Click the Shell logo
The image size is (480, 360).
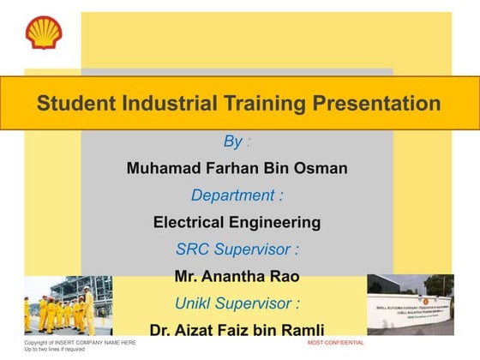(x=43, y=33)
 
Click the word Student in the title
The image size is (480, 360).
(x=74, y=104)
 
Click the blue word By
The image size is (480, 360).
(x=232, y=141)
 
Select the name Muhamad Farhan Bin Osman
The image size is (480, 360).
(x=237, y=168)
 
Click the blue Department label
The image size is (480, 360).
(x=237, y=195)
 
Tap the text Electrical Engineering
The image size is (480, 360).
(x=237, y=223)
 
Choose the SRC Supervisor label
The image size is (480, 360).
(x=237, y=250)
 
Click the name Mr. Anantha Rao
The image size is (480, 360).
(x=237, y=277)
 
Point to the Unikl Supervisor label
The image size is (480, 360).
(x=237, y=303)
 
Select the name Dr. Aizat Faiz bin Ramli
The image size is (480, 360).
(x=237, y=330)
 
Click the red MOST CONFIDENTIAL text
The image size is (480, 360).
(x=336, y=343)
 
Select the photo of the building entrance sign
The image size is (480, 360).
(x=410, y=304)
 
